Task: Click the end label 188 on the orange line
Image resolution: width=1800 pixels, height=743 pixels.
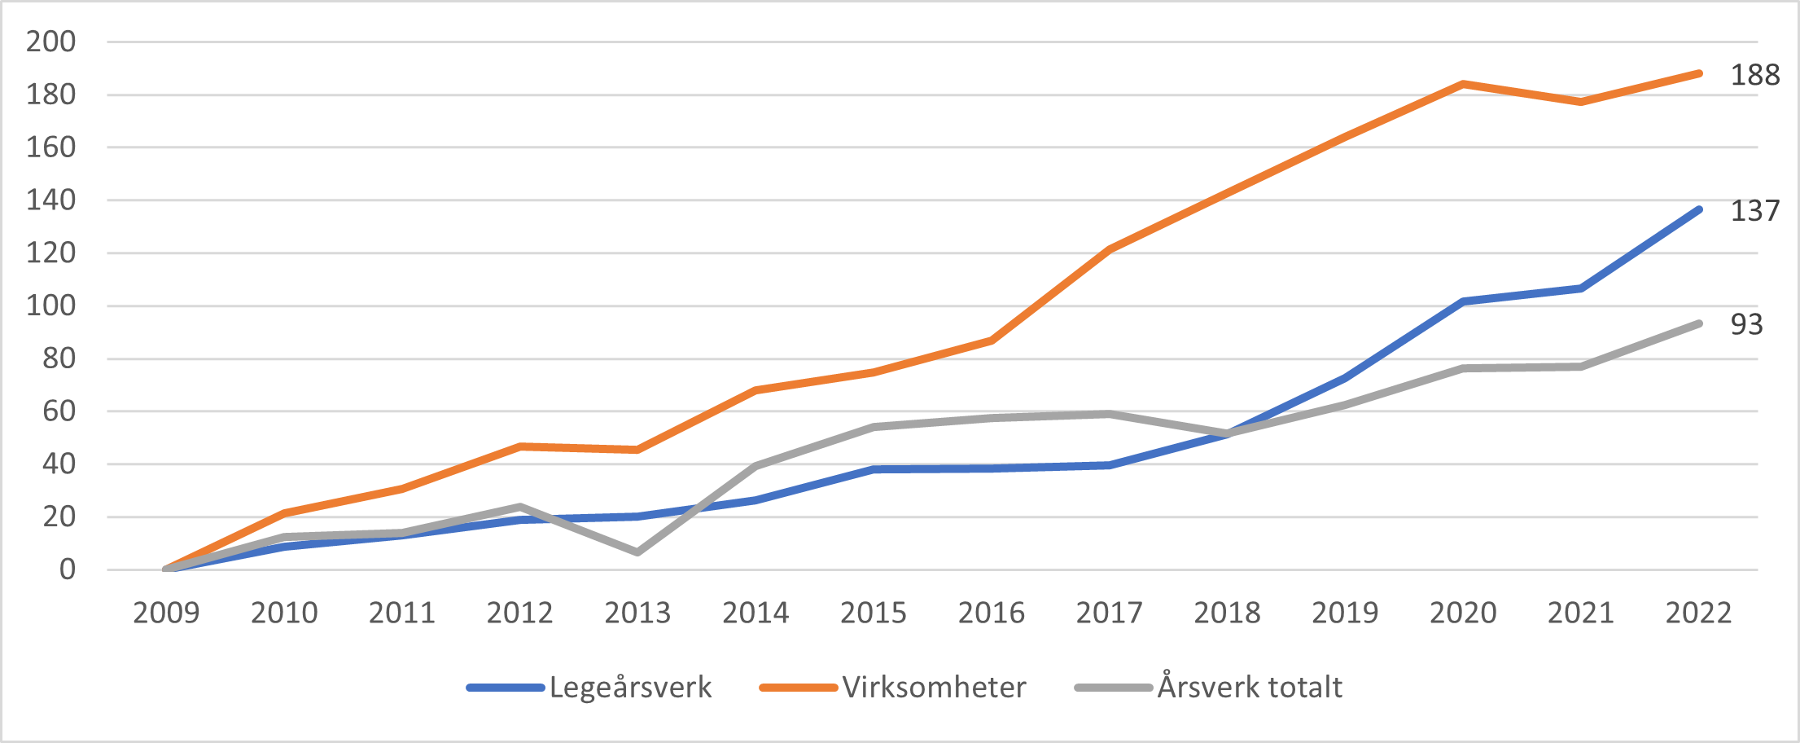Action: coord(1754,75)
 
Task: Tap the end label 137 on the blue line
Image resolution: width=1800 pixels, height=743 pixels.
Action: coord(1754,211)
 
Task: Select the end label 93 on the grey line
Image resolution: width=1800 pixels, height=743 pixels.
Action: coord(1746,324)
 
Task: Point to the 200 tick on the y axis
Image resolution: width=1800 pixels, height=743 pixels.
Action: coord(50,42)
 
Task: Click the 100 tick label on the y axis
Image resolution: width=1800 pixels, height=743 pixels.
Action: coord(50,306)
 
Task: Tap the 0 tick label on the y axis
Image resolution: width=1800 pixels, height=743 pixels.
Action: coord(67,569)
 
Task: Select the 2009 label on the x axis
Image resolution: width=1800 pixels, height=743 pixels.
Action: coord(166,613)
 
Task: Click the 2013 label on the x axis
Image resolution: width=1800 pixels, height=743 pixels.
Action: coord(637,613)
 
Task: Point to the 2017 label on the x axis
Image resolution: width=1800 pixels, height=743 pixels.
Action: coord(1109,613)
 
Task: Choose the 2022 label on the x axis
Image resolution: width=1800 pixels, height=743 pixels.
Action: coord(1698,613)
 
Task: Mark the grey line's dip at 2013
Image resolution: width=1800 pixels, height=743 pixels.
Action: coord(637,552)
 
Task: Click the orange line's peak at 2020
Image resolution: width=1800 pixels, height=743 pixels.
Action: coord(1463,84)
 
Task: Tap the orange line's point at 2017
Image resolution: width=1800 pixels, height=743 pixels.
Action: coord(1110,249)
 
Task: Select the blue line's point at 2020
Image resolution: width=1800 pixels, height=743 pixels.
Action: coord(1463,301)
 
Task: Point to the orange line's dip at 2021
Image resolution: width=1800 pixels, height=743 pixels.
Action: coord(1581,102)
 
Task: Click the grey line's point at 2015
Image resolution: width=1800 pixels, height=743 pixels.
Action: coord(874,427)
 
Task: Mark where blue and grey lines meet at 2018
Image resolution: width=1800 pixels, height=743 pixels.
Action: coord(1228,433)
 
